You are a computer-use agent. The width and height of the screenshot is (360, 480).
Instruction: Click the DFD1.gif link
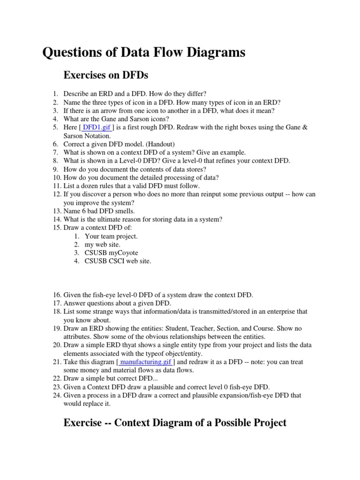(x=97, y=127)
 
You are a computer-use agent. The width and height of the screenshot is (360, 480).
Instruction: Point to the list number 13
(x=56, y=211)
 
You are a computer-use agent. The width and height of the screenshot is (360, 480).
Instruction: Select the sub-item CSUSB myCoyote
(x=112, y=253)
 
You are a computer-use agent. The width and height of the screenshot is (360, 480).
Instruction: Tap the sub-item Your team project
(x=111, y=236)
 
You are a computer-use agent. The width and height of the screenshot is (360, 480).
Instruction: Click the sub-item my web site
(x=103, y=244)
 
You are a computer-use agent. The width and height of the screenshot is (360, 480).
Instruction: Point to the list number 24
(x=56, y=395)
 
